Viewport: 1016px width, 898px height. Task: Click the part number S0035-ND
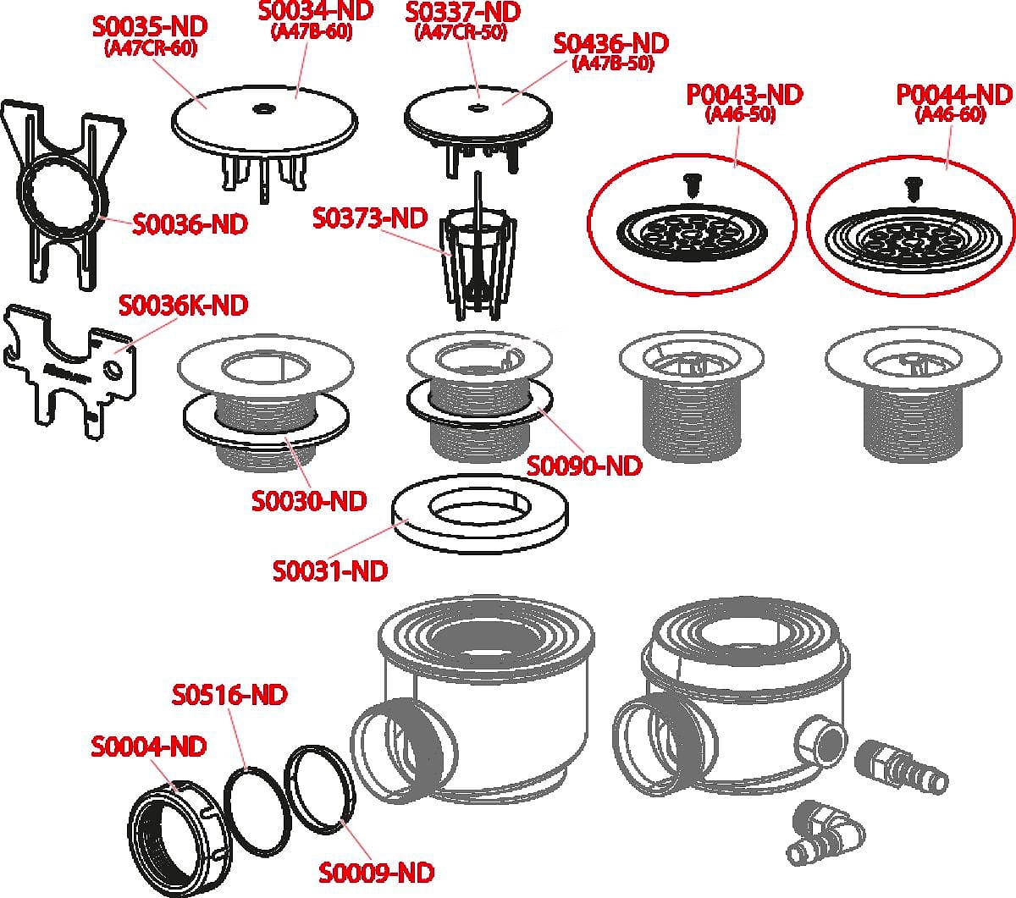[x=150, y=26]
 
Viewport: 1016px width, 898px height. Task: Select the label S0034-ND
[x=316, y=10]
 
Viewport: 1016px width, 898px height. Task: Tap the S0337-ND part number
[x=462, y=12]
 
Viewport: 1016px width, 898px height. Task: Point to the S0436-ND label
[x=610, y=44]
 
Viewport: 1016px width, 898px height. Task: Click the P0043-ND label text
[x=744, y=95]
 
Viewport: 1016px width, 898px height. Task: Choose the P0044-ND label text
[x=954, y=95]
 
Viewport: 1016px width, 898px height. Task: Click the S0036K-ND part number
[x=184, y=305]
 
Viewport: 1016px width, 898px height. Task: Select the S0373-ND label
[x=370, y=218]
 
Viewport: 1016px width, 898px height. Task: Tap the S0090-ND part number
[x=584, y=466]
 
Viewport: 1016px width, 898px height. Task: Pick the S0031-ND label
[x=330, y=570]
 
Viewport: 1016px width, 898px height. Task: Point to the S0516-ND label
[x=229, y=694]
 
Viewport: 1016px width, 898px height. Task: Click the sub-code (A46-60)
[x=950, y=115]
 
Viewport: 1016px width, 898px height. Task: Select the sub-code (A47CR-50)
[x=461, y=33]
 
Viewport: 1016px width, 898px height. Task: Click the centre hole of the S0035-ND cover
[x=262, y=108]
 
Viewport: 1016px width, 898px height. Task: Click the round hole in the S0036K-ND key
[x=113, y=371]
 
